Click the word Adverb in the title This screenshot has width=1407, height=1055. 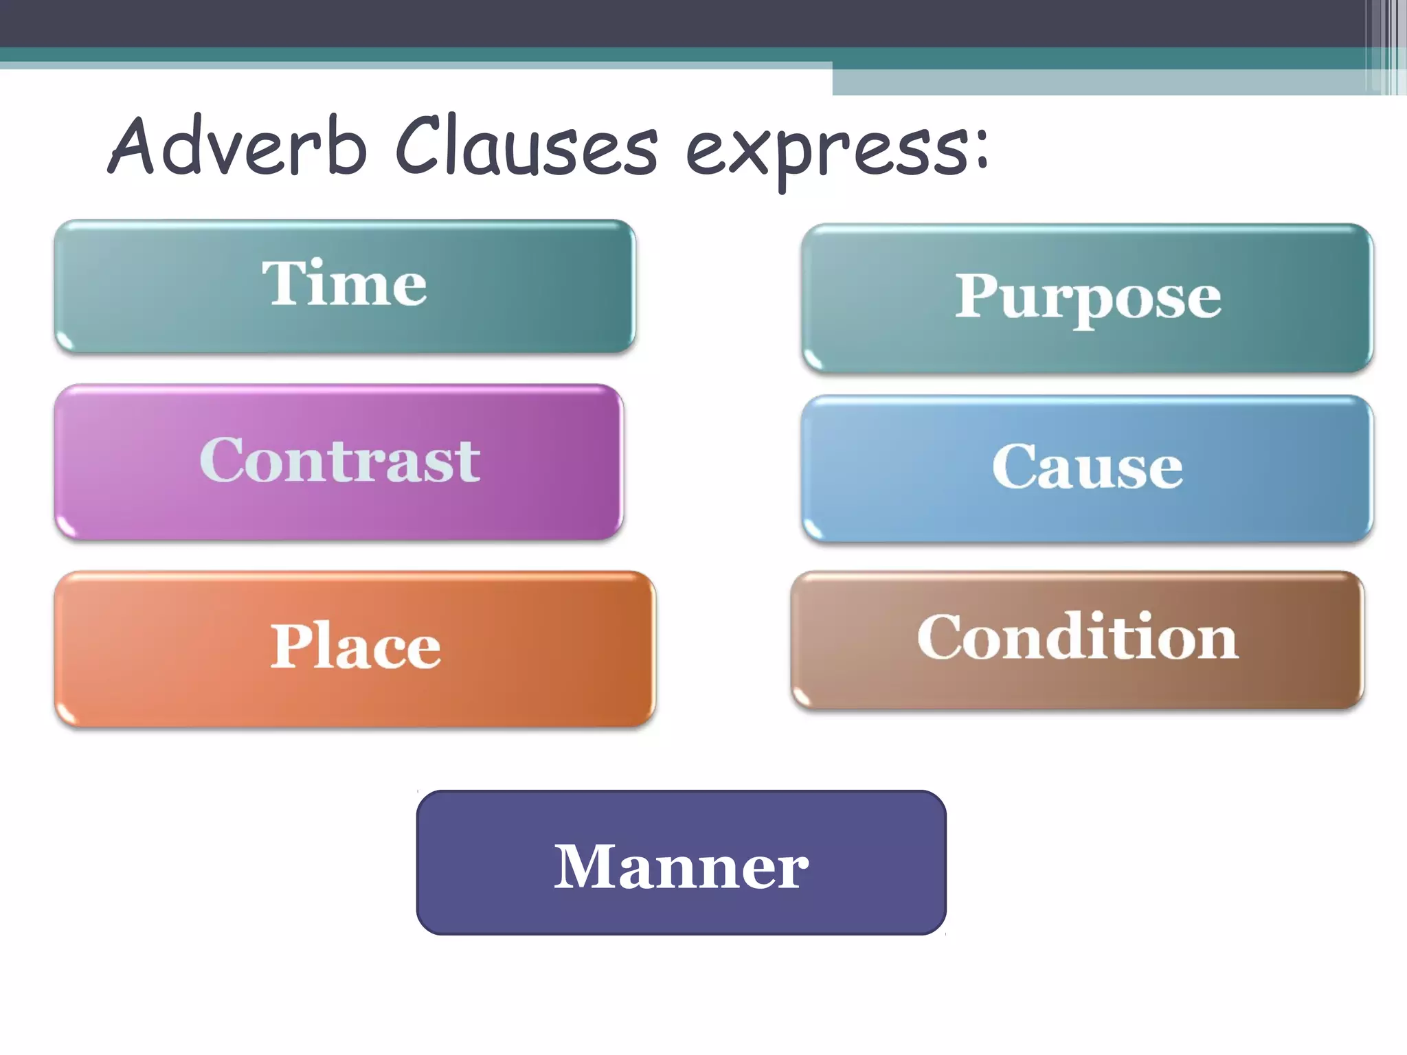(237, 146)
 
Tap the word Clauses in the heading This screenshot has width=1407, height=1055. (526, 146)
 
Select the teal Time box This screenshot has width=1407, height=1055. (345, 286)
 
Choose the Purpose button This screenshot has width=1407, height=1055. (1087, 298)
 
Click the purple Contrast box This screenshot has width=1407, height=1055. (339, 462)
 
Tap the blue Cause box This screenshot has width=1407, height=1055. (1087, 468)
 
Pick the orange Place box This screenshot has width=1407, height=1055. (354, 648)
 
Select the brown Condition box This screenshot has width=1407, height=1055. (1077, 640)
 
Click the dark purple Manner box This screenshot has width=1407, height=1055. (681, 863)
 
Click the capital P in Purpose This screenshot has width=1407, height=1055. (975, 295)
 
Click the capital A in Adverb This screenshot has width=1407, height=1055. (135, 145)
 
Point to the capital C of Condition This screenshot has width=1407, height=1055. (939, 637)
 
